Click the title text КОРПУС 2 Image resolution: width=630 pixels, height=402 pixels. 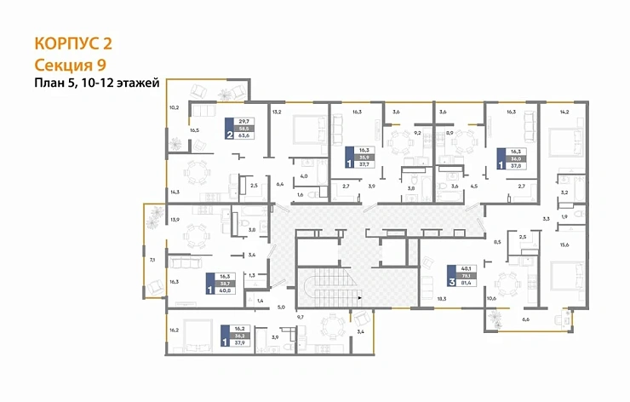coord(72,43)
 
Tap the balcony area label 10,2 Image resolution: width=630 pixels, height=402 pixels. coord(174,107)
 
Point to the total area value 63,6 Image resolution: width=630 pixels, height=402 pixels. coord(246,135)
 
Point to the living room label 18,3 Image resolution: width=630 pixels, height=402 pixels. coord(440,299)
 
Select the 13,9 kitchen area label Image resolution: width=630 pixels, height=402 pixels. coord(175,220)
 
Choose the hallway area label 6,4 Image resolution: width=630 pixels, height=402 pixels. coord(279,183)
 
